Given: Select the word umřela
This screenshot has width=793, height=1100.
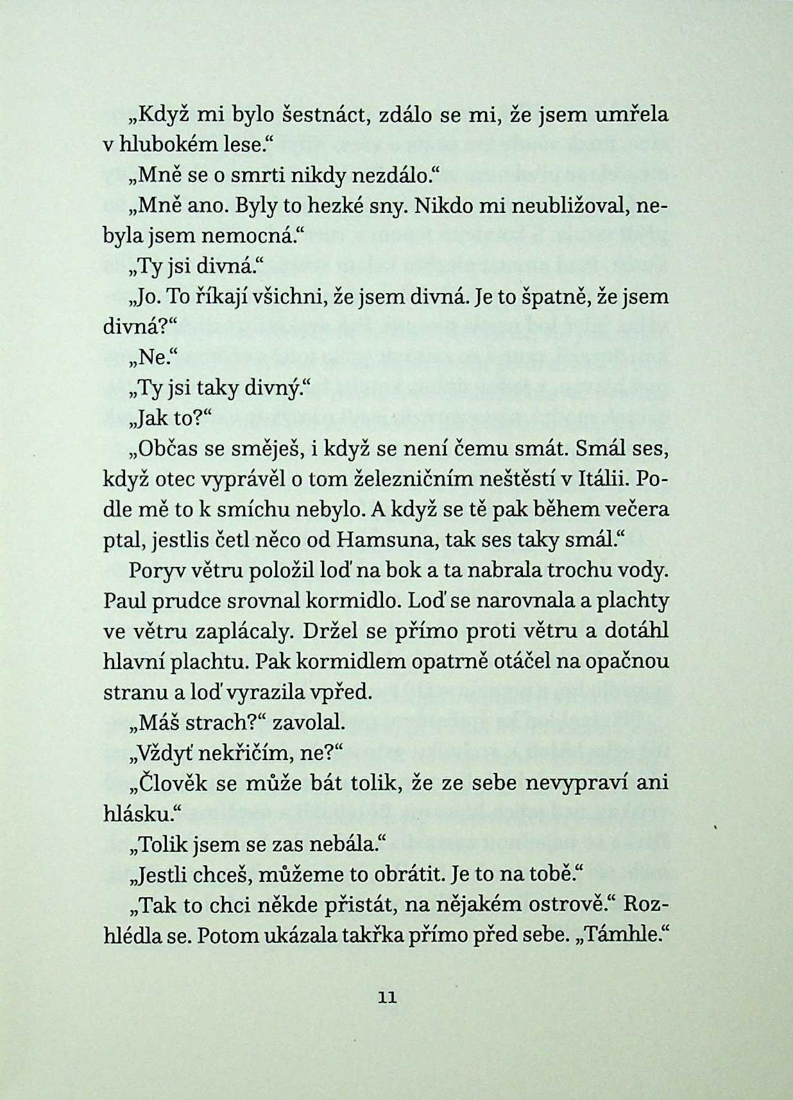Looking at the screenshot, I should point(631,115).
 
